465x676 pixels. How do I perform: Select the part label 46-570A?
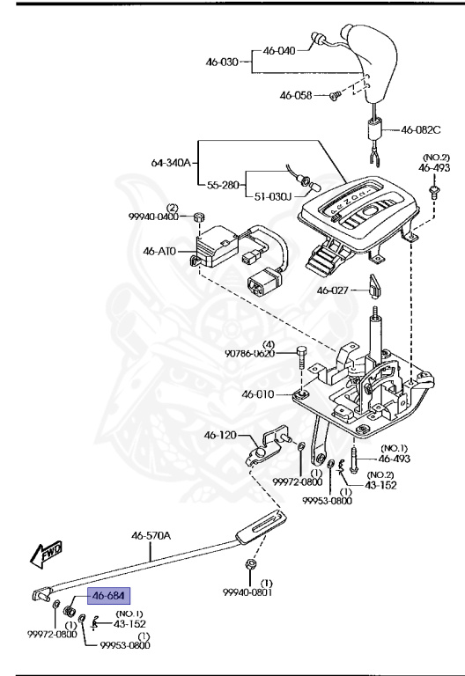[x=151, y=535]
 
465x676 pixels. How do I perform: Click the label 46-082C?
[x=420, y=129]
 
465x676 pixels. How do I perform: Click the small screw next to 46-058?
[x=334, y=95]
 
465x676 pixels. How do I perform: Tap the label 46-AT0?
[x=160, y=252]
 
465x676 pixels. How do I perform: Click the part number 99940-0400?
[x=154, y=217]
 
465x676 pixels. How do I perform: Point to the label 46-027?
[x=334, y=290]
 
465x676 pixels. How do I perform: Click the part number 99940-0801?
[x=251, y=592]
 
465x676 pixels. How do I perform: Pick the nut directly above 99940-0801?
[x=251, y=563]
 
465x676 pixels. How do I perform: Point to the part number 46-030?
[x=222, y=62]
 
